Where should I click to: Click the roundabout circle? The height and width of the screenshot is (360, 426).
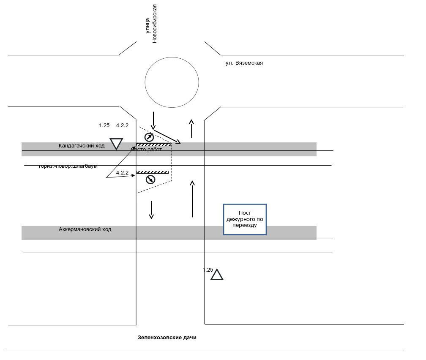[172, 82]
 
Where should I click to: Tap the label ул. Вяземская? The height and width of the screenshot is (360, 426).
[244, 63]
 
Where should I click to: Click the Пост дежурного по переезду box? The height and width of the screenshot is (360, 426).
[245, 219]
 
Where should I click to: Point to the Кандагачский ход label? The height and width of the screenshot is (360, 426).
[82, 146]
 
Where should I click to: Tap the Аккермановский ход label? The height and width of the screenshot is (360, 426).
[85, 229]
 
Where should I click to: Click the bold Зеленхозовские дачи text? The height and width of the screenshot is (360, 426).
[167, 338]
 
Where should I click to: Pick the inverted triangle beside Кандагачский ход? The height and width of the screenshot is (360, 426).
[116, 143]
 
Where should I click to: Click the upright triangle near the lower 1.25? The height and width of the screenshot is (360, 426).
[217, 275]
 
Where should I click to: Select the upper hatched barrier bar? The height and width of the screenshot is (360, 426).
[153, 145]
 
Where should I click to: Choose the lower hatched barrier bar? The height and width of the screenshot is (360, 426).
[152, 172]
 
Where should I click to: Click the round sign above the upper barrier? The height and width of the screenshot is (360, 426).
[149, 137]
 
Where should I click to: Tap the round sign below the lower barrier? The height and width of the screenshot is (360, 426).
[150, 180]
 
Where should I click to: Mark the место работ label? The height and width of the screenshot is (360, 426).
[146, 150]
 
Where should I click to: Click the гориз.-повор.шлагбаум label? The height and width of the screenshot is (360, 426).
[68, 166]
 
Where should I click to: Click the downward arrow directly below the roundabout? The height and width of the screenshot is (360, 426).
[153, 120]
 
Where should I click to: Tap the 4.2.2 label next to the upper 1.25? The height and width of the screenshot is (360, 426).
[122, 125]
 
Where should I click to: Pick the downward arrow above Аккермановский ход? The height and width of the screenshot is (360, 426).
[151, 210]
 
